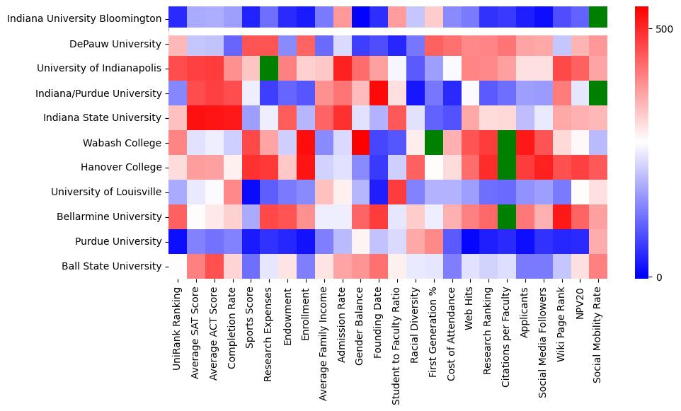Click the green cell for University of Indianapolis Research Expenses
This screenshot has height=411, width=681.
269,69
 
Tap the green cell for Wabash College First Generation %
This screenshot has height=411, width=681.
434,143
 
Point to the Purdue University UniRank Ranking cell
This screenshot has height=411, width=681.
178,241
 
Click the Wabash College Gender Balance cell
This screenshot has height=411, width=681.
361,143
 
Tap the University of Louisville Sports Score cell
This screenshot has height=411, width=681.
251,192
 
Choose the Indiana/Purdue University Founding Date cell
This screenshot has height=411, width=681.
379,93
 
